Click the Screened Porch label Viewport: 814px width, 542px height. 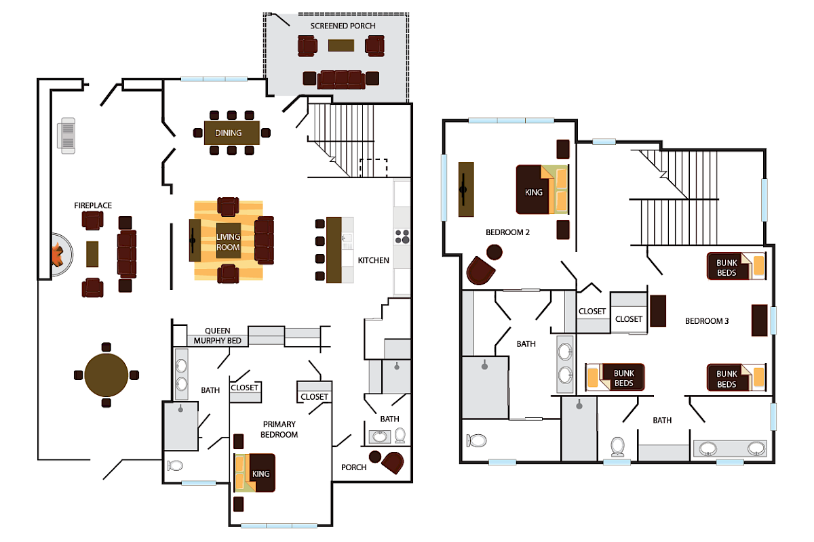click(x=343, y=26)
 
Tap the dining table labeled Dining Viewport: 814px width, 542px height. click(x=231, y=133)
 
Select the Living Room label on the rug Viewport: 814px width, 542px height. click(x=229, y=242)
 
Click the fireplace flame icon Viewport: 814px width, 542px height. click(x=57, y=255)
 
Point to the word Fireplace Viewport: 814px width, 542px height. click(x=93, y=205)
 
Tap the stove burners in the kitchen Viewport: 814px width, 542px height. click(x=402, y=236)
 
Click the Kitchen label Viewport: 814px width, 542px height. click(x=374, y=260)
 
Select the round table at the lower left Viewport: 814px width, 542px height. click(x=106, y=374)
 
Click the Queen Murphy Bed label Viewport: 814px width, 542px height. click(x=217, y=336)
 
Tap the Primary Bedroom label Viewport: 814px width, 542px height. click(x=279, y=430)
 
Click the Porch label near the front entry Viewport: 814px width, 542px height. click(x=353, y=467)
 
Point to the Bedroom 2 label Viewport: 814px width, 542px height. click(x=507, y=232)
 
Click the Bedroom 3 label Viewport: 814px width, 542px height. click(x=707, y=321)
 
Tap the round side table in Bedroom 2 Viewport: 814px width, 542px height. click(x=495, y=252)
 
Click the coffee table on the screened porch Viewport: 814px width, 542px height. click(x=341, y=45)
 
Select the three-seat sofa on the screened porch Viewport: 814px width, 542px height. click(x=342, y=79)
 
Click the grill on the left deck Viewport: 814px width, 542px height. click(x=68, y=134)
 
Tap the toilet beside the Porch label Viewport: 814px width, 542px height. click(x=400, y=436)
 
